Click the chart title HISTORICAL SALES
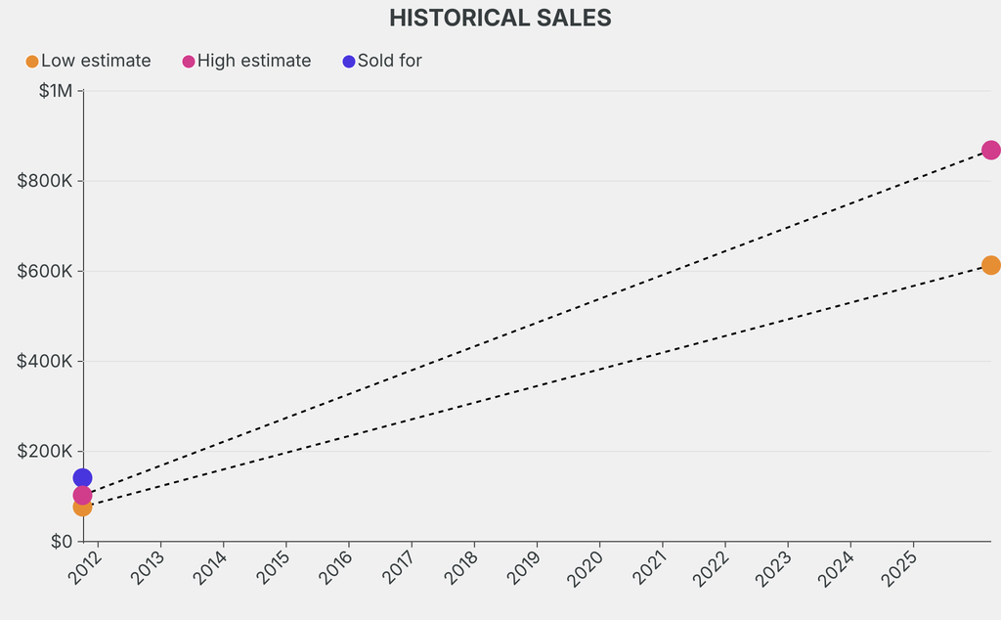pos(500,18)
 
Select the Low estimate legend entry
pos(88,61)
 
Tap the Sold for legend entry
pos(382,61)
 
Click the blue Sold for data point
pos(82,478)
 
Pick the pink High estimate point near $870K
pos(990,150)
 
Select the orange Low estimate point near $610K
pos(990,265)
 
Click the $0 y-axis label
pos(61,541)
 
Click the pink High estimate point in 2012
pos(82,495)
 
